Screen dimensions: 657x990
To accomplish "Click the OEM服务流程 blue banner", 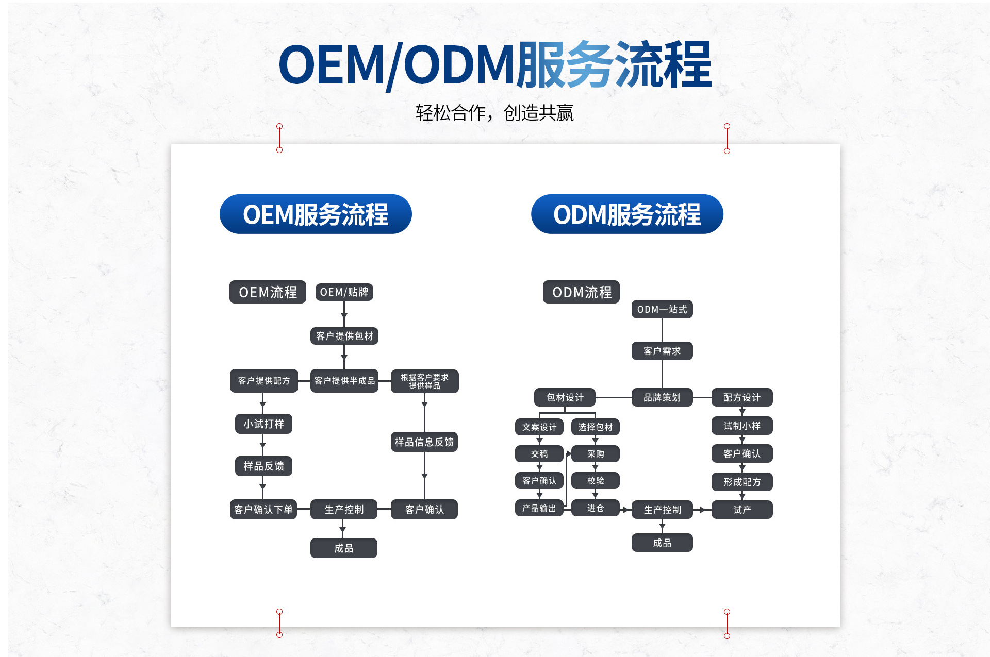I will pyautogui.click(x=316, y=214).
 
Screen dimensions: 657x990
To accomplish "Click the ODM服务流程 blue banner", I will pyautogui.click(x=627, y=214).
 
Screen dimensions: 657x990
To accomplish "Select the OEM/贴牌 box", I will pyautogui.click(x=344, y=292).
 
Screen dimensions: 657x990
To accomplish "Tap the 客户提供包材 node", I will pyautogui.click(x=344, y=336).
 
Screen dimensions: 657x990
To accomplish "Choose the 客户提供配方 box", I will pyautogui.click(x=264, y=381).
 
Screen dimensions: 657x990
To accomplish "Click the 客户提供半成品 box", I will pyautogui.click(x=344, y=381).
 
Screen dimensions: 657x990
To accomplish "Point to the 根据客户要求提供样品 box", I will pyautogui.click(x=424, y=381).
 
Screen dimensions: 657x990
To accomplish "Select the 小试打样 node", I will pyautogui.click(x=264, y=424).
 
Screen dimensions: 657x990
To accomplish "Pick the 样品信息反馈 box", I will pyautogui.click(x=424, y=442).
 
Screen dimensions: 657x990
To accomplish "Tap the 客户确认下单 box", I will pyautogui.click(x=263, y=509).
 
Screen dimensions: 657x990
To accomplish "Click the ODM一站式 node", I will pyautogui.click(x=662, y=309).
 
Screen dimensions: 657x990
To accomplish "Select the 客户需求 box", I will pyautogui.click(x=662, y=351).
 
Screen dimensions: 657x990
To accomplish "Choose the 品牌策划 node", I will pyautogui.click(x=662, y=397).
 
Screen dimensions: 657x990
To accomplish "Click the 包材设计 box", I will pyautogui.click(x=565, y=397).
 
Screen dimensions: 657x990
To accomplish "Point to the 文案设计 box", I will pyautogui.click(x=539, y=427).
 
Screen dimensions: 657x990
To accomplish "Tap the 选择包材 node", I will pyautogui.click(x=596, y=427).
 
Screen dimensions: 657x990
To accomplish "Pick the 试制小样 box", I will pyautogui.click(x=742, y=426).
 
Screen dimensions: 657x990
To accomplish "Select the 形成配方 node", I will pyautogui.click(x=742, y=482).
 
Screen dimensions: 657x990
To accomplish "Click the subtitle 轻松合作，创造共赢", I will pyautogui.click(x=494, y=113).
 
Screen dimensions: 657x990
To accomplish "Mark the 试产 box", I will pyautogui.click(x=742, y=510).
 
